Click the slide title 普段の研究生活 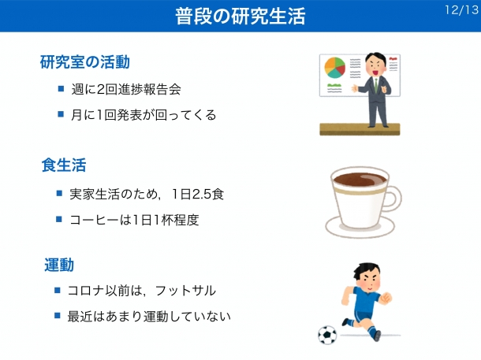pos(240,16)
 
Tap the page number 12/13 pos(461,10)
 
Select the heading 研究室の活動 pos(85,62)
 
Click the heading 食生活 pos(64,165)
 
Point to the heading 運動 pos(59,265)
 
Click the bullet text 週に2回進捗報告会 pos(126,89)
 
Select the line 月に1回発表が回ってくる pos(144,115)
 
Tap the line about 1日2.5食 pos(147,194)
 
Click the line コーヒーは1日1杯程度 pos(134,220)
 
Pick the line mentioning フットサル pos(141,291)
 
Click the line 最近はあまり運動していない pos(149,316)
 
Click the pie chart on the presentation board pos(334,68)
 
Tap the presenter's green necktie pos(376,85)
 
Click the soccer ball pos(327,335)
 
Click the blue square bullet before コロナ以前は pos(58,290)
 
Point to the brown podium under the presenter pos(360,129)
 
